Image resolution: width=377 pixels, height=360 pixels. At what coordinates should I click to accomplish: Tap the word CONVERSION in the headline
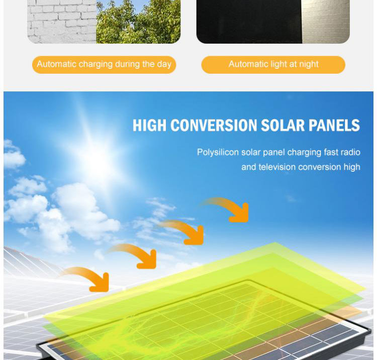[214, 126]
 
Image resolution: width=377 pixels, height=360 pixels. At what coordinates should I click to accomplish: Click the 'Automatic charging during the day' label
[104, 65]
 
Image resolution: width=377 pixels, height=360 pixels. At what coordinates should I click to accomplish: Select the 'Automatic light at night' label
[273, 65]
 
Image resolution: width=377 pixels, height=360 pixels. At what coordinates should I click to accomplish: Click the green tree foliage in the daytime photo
[138, 22]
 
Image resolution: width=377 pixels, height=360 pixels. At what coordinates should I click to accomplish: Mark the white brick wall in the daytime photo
[62, 22]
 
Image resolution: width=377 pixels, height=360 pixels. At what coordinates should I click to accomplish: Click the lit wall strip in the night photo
[326, 22]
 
